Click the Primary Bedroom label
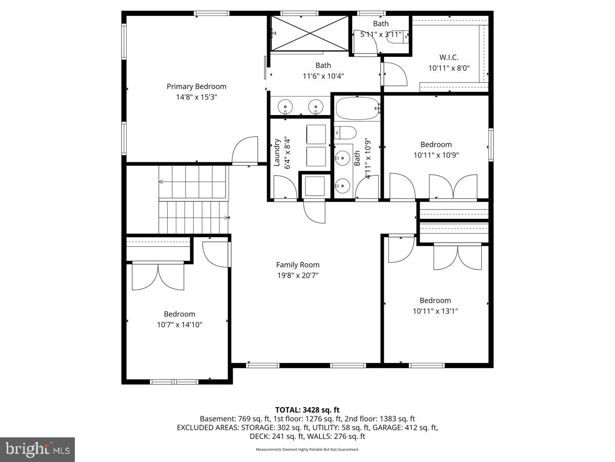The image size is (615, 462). (x=196, y=86)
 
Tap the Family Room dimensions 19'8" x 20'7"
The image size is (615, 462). (x=298, y=275)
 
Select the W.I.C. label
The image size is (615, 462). (x=448, y=57)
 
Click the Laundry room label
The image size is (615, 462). (x=277, y=152)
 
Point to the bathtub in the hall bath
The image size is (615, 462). (x=357, y=108)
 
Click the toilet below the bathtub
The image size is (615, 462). (x=345, y=133)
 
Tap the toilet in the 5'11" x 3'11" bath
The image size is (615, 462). (x=398, y=37)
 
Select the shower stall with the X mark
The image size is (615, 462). (x=309, y=33)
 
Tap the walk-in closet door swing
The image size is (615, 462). (x=395, y=74)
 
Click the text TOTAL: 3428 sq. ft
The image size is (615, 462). (x=307, y=410)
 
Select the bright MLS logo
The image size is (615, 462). (x=37, y=449)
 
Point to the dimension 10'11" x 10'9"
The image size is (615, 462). (x=436, y=155)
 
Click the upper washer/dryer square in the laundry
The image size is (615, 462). (x=316, y=134)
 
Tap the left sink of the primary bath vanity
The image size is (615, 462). (x=285, y=107)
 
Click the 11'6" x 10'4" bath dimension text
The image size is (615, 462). (x=323, y=76)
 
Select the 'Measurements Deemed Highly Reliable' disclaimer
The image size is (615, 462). (x=307, y=450)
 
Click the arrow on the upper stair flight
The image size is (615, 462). (x=161, y=182)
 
